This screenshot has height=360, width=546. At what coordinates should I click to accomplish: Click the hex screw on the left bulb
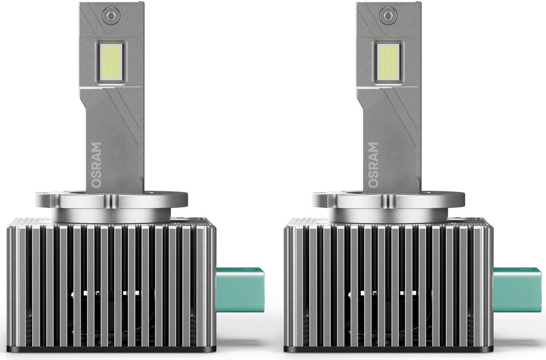click(x=112, y=16)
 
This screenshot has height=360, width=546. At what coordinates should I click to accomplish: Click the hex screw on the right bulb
click(x=388, y=16)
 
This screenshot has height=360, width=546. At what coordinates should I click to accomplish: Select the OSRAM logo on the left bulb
click(x=96, y=165)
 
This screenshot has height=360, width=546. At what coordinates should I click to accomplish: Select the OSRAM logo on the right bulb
click(x=373, y=165)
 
